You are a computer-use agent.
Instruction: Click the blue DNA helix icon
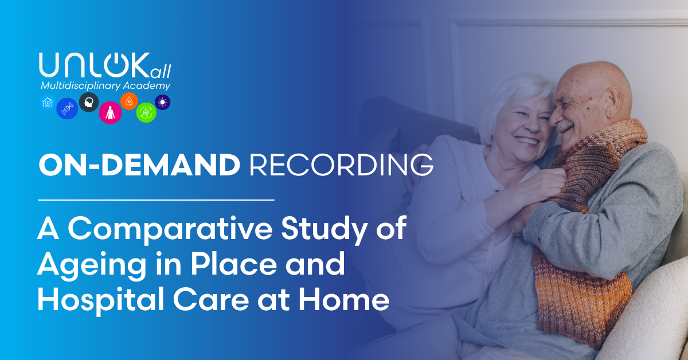[67, 108]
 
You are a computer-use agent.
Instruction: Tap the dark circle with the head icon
[89, 102]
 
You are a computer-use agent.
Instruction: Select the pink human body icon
[110, 112]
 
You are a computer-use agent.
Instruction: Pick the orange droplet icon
[129, 101]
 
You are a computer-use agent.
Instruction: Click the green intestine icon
[146, 112]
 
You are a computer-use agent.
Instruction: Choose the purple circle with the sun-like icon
[162, 102]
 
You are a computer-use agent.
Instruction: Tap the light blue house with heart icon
[48, 102]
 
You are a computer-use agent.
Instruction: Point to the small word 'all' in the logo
[161, 72]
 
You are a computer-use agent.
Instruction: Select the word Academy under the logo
[147, 85]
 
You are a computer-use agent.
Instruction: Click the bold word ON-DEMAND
[139, 165]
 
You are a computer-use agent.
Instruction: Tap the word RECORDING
[341, 165]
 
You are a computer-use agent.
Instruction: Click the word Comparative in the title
[170, 229]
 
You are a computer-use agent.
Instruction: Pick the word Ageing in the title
[92, 265]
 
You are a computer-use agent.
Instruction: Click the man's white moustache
[565, 125]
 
